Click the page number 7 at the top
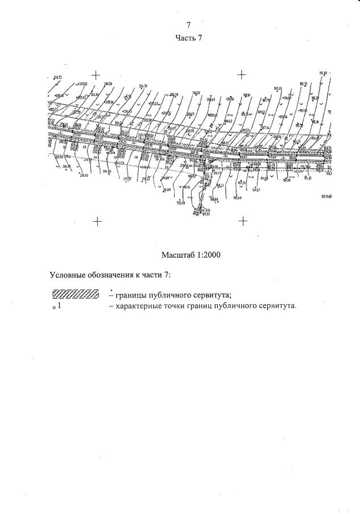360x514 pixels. pos(188,24)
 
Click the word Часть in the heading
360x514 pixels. pos(184,38)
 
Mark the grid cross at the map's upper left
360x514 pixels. pos(96,74)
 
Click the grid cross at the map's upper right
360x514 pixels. pos(241,74)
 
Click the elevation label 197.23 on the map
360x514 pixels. pos(278,89)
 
